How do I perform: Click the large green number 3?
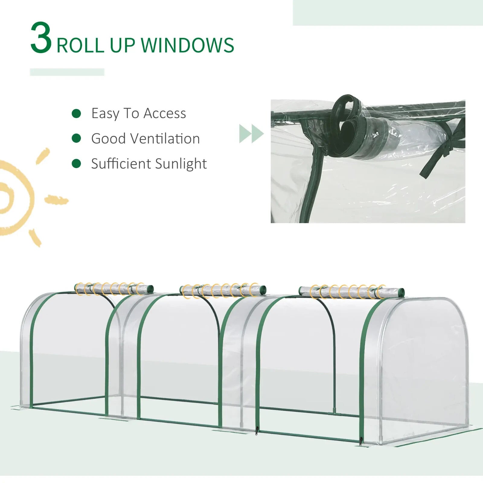[41, 38]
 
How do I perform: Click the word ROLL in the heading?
[80, 45]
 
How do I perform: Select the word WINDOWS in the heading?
[187, 45]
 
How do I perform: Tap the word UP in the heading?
[122, 45]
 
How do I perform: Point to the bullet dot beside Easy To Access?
[76, 114]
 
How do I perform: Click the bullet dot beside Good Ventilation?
[76, 139]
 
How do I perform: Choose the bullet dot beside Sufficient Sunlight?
[76, 164]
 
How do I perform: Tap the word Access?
[165, 114]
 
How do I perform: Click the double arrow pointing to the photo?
[251, 133]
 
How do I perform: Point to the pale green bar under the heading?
[67, 72]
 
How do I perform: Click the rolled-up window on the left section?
[114, 289]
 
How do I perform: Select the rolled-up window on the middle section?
[223, 290]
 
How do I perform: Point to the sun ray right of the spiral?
[56, 200]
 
